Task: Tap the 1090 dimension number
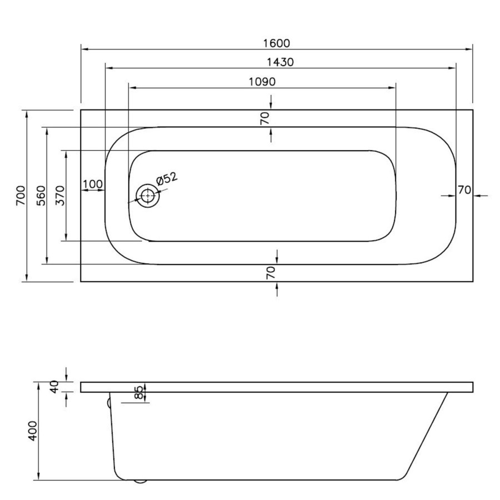click(x=262, y=81)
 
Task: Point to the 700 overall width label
click(x=21, y=196)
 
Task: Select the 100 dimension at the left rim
click(x=93, y=184)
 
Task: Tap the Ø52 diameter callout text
click(x=167, y=179)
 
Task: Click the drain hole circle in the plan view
click(x=148, y=196)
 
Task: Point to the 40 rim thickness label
click(x=54, y=387)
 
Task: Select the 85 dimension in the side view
click(x=139, y=392)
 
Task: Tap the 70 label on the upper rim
click(x=265, y=118)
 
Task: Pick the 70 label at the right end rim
click(x=464, y=189)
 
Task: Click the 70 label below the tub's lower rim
click(x=271, y=273)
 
